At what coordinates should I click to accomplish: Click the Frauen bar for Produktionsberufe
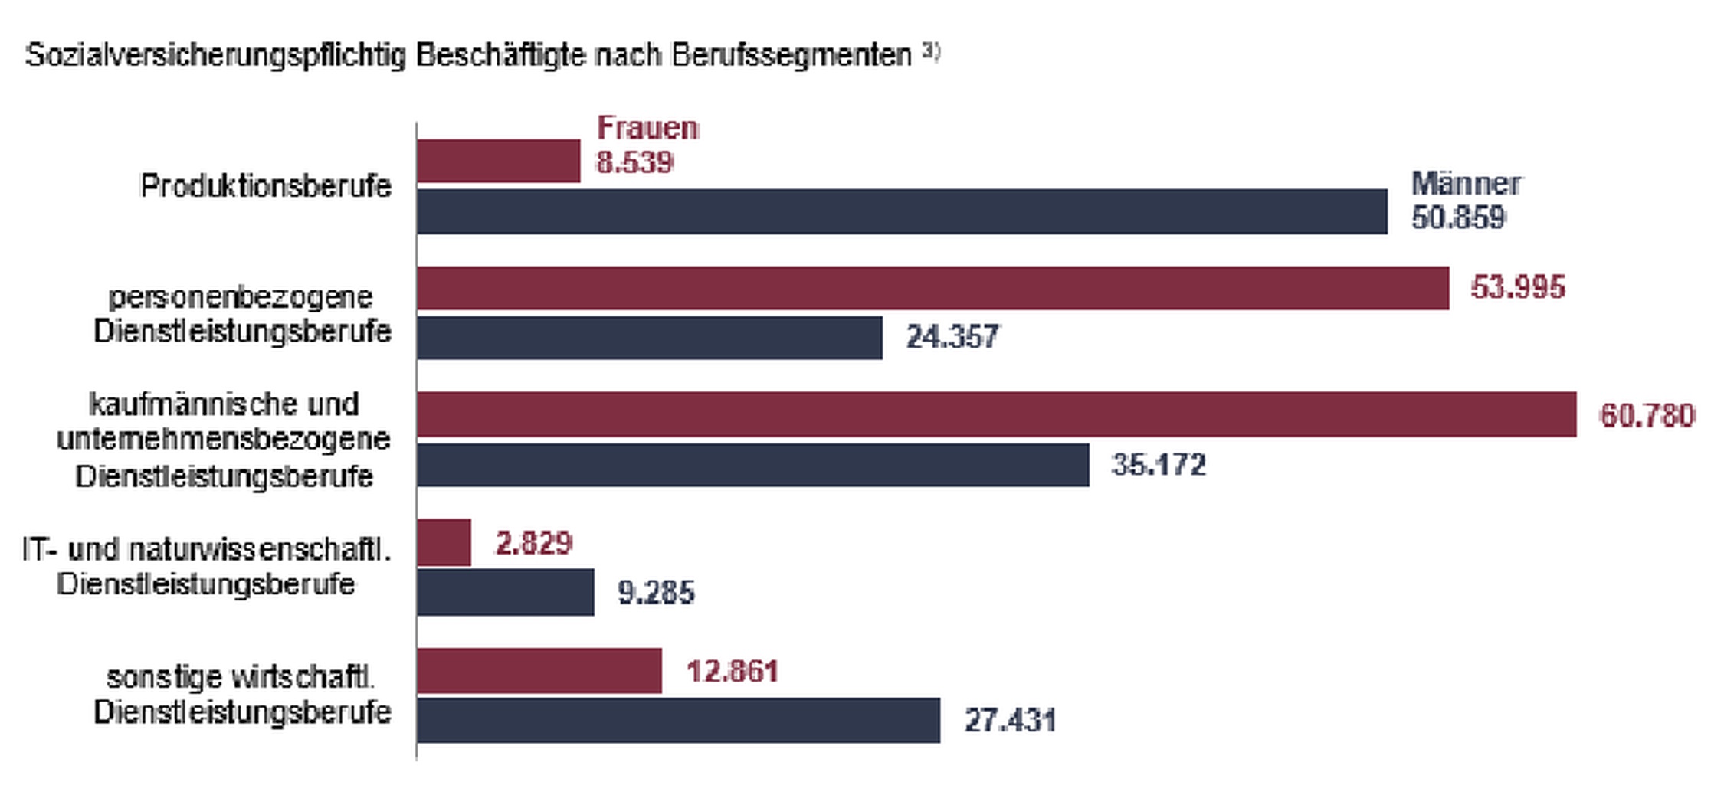point(498,161)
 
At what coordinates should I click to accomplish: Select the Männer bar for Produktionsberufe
point(902,211)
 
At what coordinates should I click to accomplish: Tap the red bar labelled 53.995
point(932,288)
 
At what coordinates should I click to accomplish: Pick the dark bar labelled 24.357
point(650,337)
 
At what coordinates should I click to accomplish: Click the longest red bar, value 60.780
point(996,414)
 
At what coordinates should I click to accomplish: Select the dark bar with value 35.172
point(753,465)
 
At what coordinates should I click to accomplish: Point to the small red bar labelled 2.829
point(444,542)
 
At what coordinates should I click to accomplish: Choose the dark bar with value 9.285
point(506,591)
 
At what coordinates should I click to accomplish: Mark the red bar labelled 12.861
point(539,671)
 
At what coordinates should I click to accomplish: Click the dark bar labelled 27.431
point(678,720)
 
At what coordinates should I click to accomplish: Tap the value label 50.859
point(1458,218)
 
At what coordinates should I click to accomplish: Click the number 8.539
point(634,162)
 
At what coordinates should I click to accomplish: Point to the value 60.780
point(1647,416)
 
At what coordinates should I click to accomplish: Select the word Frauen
point(647,128)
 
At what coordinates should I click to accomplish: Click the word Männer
point(1466,184)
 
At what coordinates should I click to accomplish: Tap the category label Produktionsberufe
point(266,186)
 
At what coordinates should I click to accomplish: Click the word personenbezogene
point(241,296)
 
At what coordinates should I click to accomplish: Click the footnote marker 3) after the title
point(931,52)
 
